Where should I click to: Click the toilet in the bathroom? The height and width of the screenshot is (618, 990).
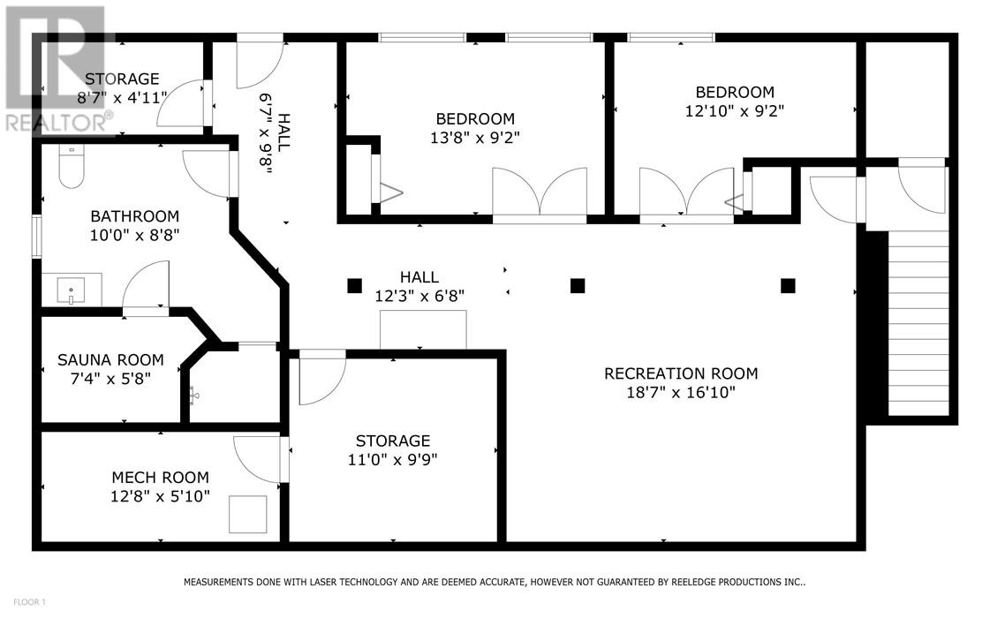point(72,165)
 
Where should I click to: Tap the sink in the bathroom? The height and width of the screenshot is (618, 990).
point(72,290)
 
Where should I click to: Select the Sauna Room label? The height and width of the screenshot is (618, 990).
point(110,360)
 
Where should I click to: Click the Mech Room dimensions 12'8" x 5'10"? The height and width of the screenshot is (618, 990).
point(161,497)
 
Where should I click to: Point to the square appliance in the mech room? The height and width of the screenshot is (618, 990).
point(247,515)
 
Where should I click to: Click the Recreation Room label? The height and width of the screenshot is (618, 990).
point(681,373)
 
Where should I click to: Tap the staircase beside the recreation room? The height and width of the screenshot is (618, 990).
point(918,322)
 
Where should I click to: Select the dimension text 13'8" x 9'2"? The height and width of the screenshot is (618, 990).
point(475,138)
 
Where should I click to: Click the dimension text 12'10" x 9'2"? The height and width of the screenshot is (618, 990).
point(735,111)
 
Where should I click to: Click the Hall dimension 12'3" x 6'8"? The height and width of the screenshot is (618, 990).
point(419,296)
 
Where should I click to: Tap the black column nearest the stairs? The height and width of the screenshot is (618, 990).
point(788,286)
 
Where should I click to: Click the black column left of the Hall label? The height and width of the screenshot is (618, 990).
point(355,286)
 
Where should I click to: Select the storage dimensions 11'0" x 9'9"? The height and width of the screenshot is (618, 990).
point(393,460)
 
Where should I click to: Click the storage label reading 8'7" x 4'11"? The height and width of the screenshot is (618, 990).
point(122,98)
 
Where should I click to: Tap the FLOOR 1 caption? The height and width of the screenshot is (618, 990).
point(29,602)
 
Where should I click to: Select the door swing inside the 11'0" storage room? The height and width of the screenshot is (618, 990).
point(322,378)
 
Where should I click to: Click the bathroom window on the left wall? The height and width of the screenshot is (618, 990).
point(36,237)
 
